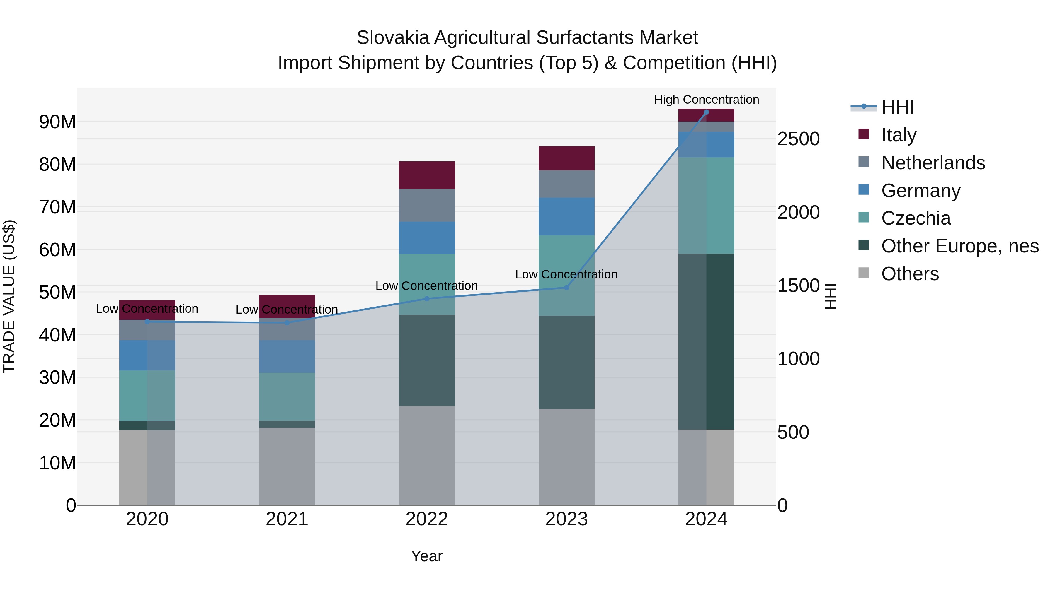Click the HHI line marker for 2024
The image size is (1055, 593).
coord(706,112)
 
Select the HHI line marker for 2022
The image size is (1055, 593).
coord(427,299)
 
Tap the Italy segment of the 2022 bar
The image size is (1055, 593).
coord(427,175)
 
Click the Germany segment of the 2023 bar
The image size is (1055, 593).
coord(566,216)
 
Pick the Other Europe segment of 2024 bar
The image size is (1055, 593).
coord(706,341)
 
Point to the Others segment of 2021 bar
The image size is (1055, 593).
coord(287,466)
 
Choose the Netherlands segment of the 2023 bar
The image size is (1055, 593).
coord(566,184)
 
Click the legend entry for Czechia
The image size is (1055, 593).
coord(916,218)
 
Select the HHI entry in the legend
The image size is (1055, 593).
coord(897,107)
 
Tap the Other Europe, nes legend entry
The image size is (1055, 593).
coord(959,246)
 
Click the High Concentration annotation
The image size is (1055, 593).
coord(706,100)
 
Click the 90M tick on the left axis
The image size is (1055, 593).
coord(57,122)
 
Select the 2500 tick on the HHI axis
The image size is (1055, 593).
coord(798,139)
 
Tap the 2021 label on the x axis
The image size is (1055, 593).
coord(287,519)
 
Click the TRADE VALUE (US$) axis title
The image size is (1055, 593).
coord(9,296)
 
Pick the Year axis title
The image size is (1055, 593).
coord(426,556)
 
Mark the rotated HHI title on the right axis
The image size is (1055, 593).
coord(830,296)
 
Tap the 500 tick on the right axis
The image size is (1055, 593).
coord(793,432)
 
